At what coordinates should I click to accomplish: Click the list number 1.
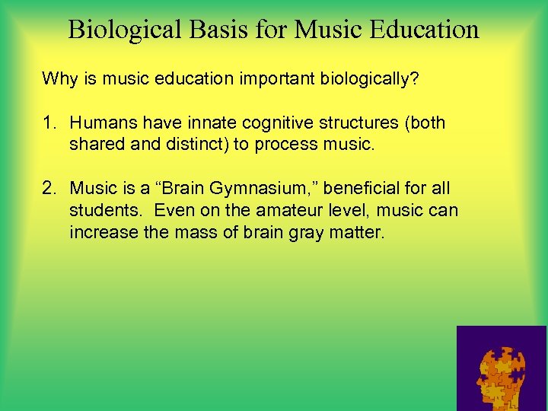[x=47, y=123]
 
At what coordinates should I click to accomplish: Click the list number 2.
[x=47, y=189]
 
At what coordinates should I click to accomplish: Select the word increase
[x=100, y=233]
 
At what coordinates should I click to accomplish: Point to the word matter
[x=358, y=233]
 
